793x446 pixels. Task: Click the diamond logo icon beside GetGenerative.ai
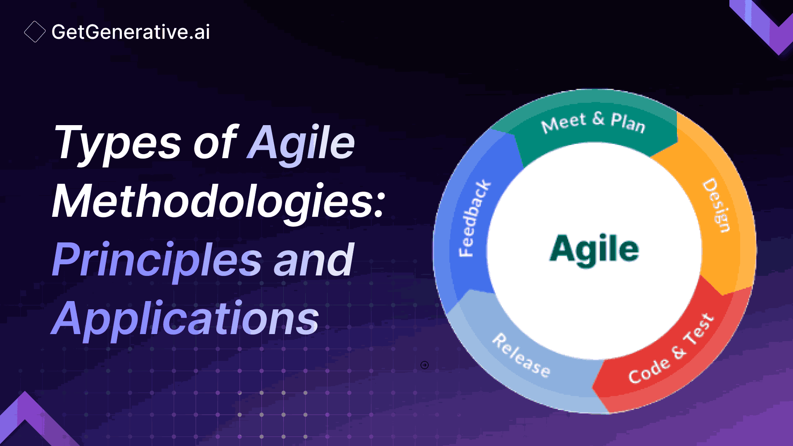click(35, 32)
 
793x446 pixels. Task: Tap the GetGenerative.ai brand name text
click(131, 32)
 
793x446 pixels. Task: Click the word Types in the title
click(117, 143)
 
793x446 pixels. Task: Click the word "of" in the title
click(215, 143)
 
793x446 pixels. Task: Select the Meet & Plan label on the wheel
click(593, 122)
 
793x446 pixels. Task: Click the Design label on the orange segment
click(717, 205)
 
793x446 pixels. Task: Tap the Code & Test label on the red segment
click(671, 349)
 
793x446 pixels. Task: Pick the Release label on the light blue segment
click(521, 355)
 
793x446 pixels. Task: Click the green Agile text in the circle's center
click(594, 249)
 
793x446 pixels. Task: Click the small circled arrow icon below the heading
click(425, 365)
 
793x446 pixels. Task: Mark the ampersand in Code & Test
click(679, 352)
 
